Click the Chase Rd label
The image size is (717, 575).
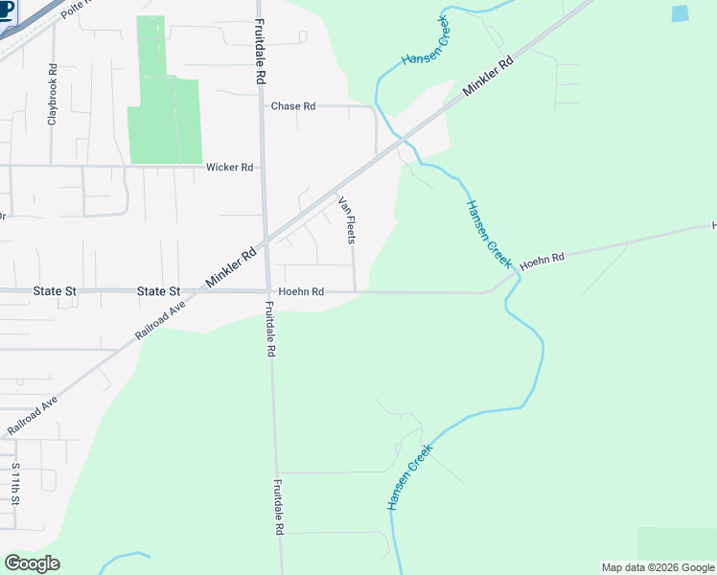(293, 106)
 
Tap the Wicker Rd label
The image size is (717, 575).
(229, 167)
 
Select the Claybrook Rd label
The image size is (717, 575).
(54, 95)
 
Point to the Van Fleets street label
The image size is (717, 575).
(347, 219)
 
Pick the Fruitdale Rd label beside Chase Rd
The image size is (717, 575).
(260, 53)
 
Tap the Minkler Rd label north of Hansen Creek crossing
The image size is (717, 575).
(489, 76)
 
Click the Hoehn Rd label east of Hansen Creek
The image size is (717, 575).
(544, 258)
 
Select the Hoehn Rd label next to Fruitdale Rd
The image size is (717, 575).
(301, 291)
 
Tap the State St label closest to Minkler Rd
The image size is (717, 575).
(158, 291)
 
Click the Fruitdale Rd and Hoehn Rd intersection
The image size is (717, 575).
(267, 291)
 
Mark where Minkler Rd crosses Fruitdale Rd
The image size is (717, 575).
(265, 242)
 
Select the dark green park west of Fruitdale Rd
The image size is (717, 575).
(164, 105)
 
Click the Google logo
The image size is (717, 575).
(32, 563)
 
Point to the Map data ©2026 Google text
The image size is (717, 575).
(658, 567)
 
